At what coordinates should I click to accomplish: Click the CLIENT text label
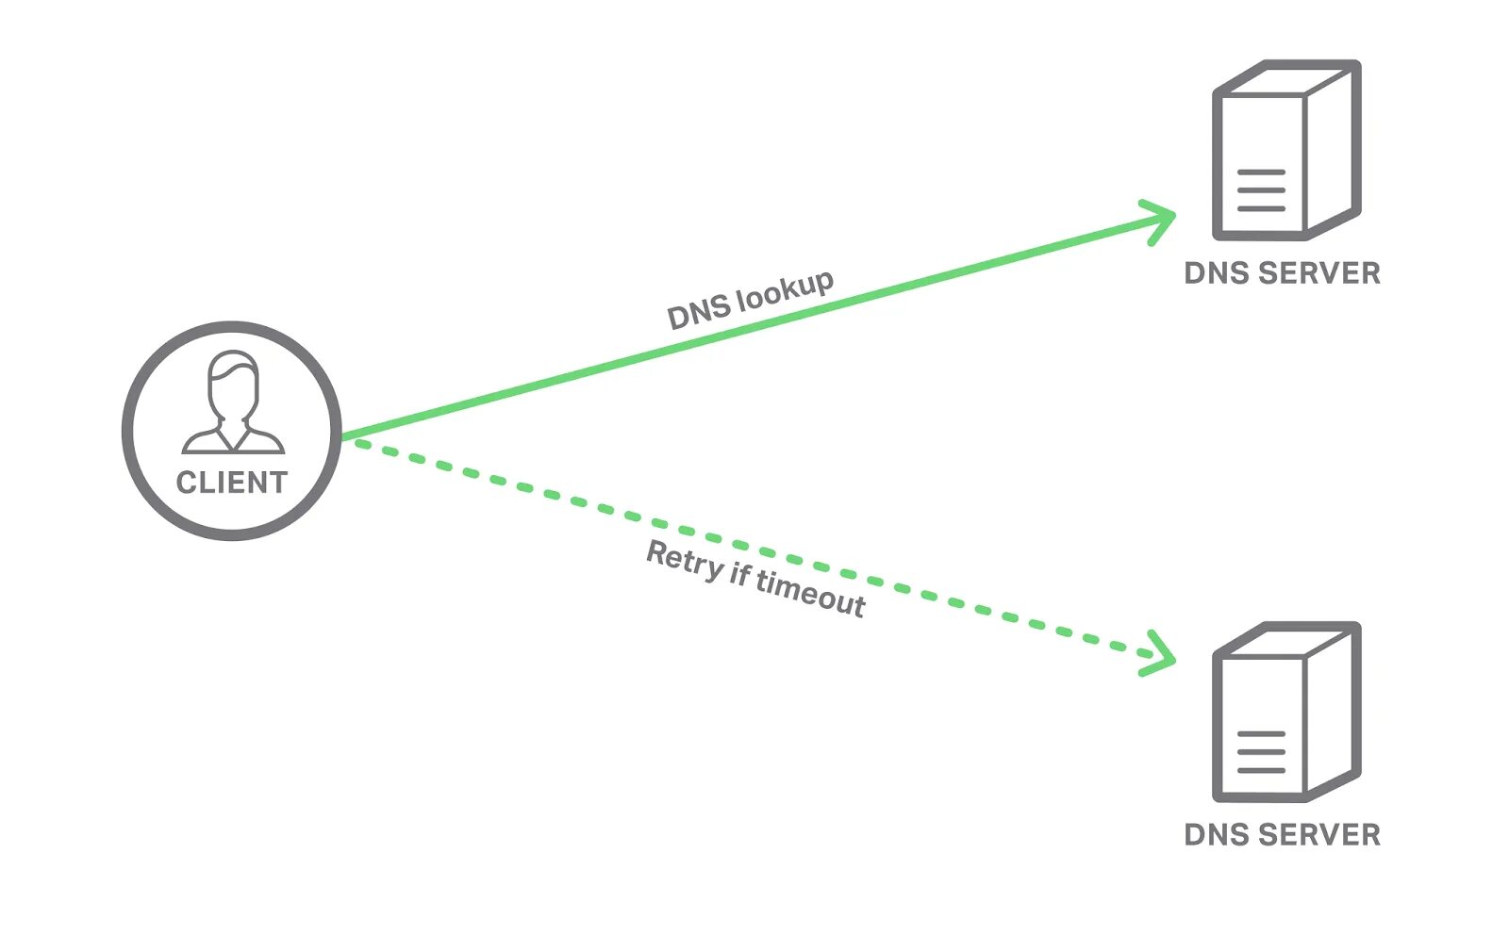pyautogui.click(x=231, y=483)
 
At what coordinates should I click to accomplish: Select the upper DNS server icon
pyautogui.click(x=1285, y=150)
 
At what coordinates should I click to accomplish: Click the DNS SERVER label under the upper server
pyautogui.click(x=1282, y=273)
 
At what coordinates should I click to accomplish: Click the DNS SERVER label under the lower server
pyautogui.click(x=1282, y=835)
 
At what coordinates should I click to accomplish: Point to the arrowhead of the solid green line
pyautogui.click(x=1161, y=221)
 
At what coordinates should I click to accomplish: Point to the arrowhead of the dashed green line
pyautogui.click(x=1161, y=653)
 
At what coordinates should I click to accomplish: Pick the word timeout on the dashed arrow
pyautogui.click(x=810, y=593)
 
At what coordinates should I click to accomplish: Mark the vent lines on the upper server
pyautogui.click(x=1261, y=190)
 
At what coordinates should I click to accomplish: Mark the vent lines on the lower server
pyautogui.click(x=1261, y=752)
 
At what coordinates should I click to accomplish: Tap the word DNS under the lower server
pyautogui.click(x=1217, y=835)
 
